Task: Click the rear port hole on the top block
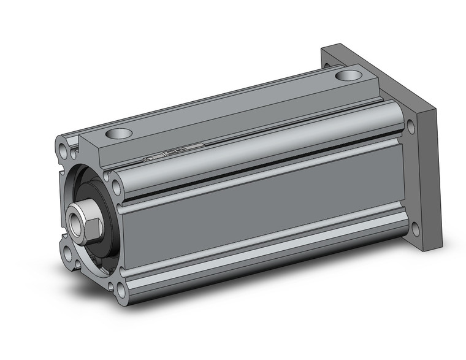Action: (x=349, y=76)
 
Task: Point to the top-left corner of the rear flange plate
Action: (x=323, y=49)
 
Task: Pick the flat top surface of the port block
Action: (x=233, y=104)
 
